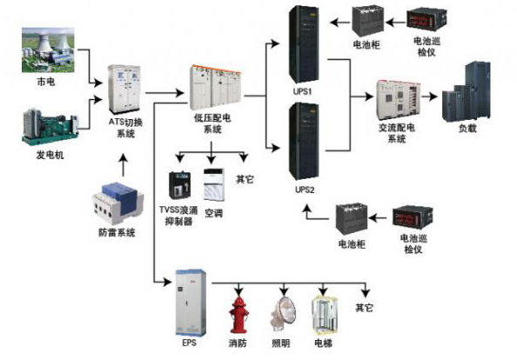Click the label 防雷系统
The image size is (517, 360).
tap(117, 233)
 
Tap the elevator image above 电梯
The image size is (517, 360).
tap(324, 315)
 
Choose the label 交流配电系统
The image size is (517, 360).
tap(397, 132)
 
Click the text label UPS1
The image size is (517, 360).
tap(304, 90)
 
